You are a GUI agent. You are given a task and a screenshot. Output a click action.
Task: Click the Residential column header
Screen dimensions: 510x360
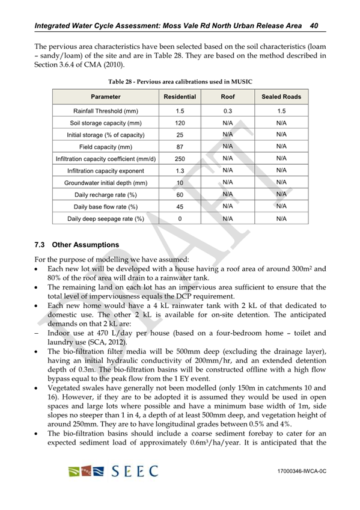pyautogui.click(x=180, y=96)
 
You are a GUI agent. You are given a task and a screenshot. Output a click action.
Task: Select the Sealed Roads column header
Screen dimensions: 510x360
pyautogui.click(x=281, y=96)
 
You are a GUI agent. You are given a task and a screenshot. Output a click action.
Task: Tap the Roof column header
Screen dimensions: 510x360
pyautogui.click(x=228, y=96)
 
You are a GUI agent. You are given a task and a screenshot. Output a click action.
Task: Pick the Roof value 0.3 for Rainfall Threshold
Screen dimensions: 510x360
pyautogui.click(x=228, y=111)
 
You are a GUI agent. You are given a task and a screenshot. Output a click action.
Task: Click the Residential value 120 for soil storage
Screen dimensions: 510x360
pyautogui.click(x=180, y=123)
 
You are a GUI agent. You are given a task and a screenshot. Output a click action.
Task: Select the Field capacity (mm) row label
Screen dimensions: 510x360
pyautogui.click(x=106, y=147)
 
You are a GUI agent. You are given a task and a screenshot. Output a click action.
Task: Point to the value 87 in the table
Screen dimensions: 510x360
pyautogui.click(x=180, y=147)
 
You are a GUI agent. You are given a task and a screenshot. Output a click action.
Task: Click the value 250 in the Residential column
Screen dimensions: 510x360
pyautogui.click(x=180, y=159)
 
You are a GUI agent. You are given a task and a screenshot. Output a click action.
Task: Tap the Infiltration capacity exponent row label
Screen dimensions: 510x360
pyautogui.click(x=106, y=171)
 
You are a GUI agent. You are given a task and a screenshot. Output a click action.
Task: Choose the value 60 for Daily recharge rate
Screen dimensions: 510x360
pyautogui.click(x=180, y=195)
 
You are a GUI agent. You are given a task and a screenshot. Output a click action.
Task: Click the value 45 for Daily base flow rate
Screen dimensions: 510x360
pyautogui.click(x=180, y=207)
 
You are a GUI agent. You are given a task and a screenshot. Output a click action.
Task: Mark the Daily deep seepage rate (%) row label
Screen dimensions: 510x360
pyautogui.click(x=106, y=219)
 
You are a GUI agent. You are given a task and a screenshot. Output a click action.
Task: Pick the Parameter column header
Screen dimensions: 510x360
pyautogui.click(x=106, y=96)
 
